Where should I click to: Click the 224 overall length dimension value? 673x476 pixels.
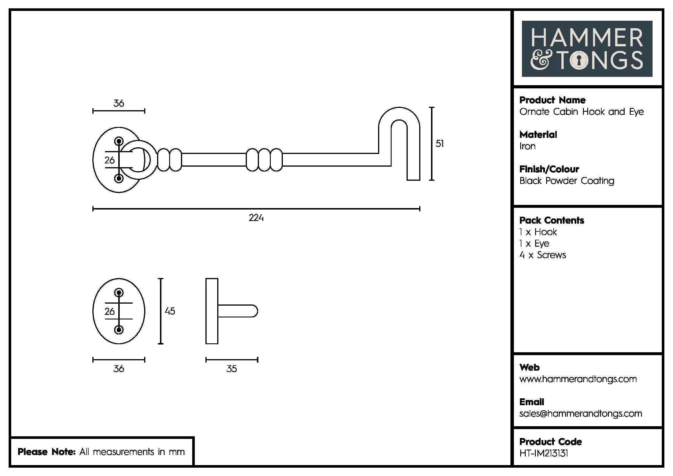(256, 218)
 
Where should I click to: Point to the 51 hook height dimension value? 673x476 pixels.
(439, 144)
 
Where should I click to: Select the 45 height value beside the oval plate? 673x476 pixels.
(170, 311)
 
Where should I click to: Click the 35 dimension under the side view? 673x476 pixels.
(232, 369)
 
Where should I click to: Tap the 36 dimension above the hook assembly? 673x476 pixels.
(119, 103)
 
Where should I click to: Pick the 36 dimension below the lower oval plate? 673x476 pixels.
(119, 369)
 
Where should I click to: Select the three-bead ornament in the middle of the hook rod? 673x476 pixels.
(264, 160)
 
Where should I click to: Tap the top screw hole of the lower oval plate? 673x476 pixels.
(119, 292)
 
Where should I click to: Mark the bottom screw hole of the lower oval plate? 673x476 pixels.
(119, 330)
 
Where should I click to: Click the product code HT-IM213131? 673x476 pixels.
(544, 454)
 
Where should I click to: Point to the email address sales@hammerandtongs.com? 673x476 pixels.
(581, 414)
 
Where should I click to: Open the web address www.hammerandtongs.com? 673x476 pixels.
(578, 379)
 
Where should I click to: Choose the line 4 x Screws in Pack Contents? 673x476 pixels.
(543, 255)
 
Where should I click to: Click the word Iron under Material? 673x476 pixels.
(527, 146)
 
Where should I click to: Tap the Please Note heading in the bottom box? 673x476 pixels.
(47, 452)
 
